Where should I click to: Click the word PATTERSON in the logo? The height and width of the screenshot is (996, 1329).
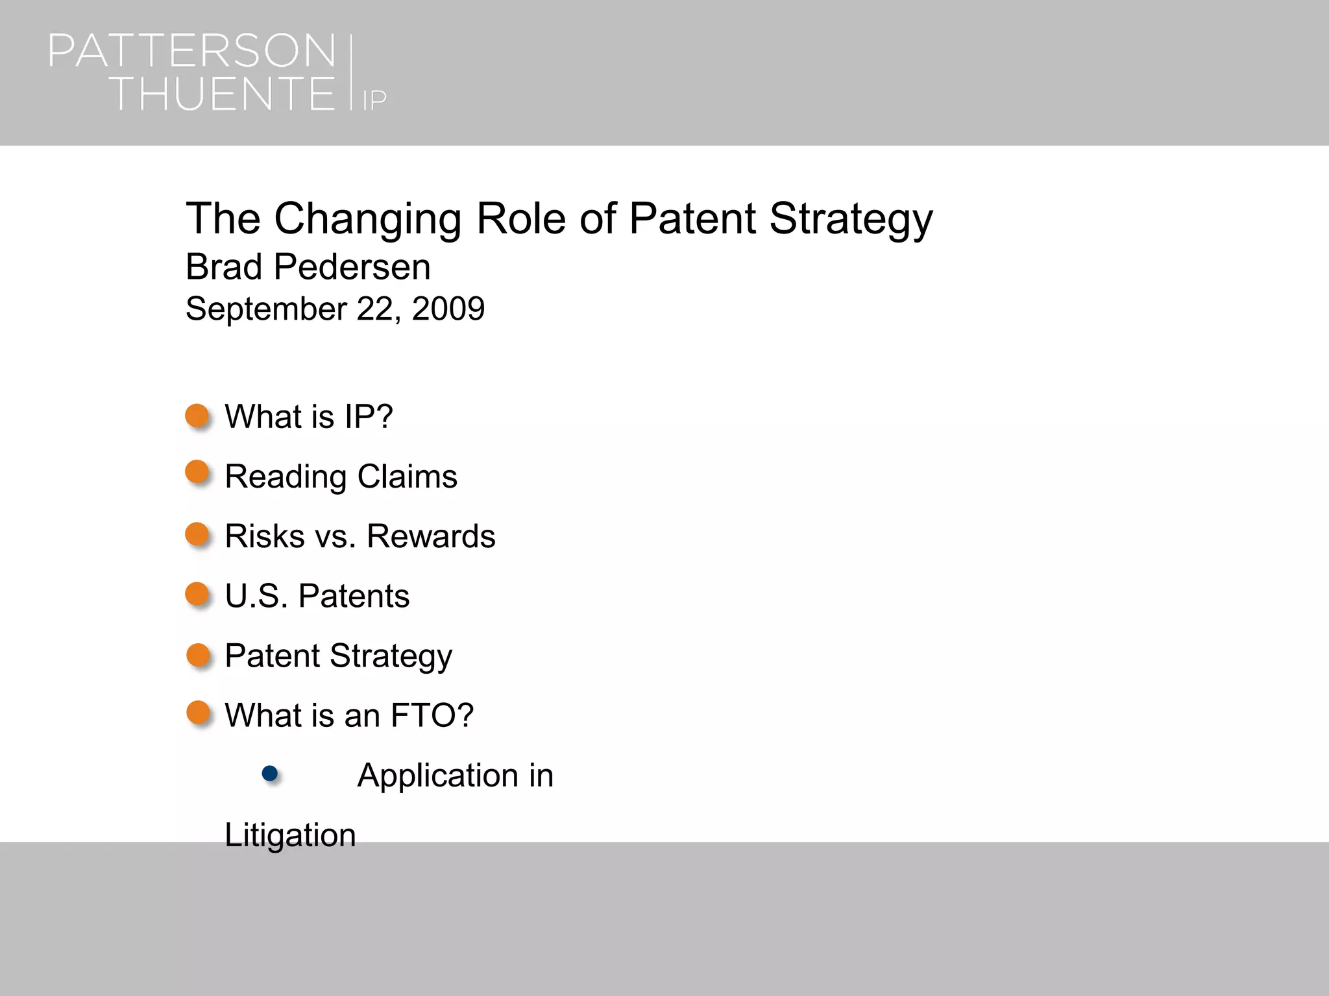coord(192,52)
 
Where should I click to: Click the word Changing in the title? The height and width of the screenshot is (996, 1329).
coord(367,219)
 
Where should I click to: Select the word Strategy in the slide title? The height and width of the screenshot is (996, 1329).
coord(851,219)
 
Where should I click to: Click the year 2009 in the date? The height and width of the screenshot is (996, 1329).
coord(448,309)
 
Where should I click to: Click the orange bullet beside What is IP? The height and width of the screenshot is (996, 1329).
coord(197,416)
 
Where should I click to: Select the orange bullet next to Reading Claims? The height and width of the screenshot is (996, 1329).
coord(197,473)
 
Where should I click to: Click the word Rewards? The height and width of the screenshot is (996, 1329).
coord(431,537)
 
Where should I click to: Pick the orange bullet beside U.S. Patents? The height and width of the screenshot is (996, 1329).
coord(197,594)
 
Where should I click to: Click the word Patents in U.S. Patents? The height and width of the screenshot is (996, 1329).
coord(354,597)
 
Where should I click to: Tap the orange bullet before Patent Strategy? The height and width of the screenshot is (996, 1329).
coord(198,656)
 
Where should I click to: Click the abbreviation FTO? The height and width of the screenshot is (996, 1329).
coord(432,716)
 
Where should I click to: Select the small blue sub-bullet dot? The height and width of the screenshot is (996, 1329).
coord(270,773)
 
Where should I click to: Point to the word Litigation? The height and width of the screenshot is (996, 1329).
coord(290,835)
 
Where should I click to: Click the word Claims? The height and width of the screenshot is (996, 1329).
coord(407,477)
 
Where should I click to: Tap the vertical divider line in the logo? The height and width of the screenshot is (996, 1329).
coord(351,73)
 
